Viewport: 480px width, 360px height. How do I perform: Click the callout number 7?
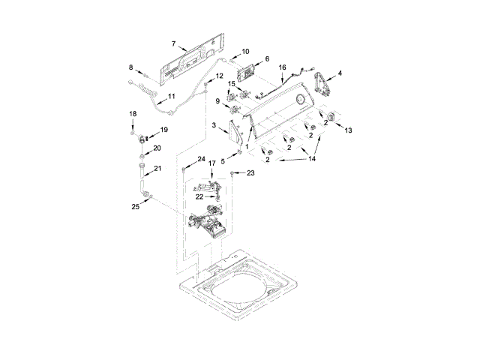(174, 44)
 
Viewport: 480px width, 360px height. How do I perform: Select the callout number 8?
(131, 67)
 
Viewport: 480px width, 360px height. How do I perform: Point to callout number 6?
(266, 58)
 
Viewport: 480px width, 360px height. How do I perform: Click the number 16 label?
(282, 67)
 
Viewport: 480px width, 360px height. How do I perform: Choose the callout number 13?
(348, 130)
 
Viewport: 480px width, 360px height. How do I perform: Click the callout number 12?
(219, 76)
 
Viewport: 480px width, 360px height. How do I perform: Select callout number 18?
(133, 113)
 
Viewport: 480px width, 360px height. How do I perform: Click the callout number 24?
(201, 159)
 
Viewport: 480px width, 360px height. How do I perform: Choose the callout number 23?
(250, 173)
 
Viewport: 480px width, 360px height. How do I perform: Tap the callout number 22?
(199, 196)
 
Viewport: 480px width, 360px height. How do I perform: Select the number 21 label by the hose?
(158, 168)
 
